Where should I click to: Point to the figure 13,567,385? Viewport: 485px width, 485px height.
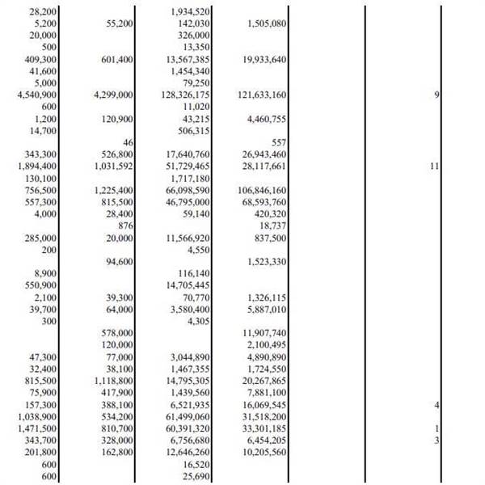(x=188, y=59)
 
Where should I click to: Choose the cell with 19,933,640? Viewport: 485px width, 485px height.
(x=264, y=59)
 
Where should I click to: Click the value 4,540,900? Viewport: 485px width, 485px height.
(x=33, y=95)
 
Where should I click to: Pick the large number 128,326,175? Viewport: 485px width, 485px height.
(x=186, y=95)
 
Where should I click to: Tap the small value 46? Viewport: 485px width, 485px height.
(x=127, y=141)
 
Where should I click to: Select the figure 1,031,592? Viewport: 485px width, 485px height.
(x=113, y=166)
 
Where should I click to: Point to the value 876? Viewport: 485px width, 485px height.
(x=124, y=226)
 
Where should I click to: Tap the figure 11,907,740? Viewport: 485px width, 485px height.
(x=264, y=332)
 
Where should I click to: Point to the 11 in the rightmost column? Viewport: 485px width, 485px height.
(x=434, y=166)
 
